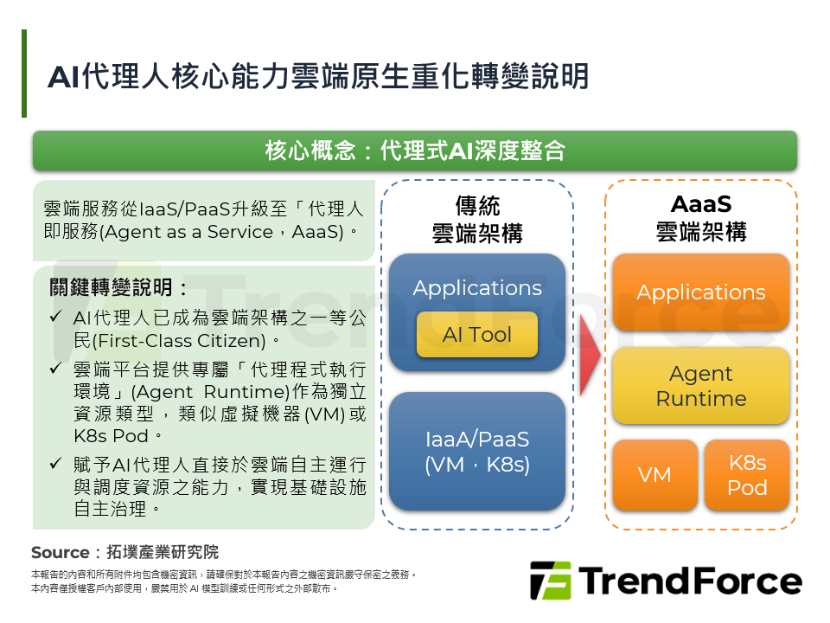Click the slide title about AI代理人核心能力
coord(318,76)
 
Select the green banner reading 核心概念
coord(414,151)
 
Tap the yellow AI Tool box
coord(476,335)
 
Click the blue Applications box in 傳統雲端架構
coord(476,287)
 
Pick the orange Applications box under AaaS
coord(700,292)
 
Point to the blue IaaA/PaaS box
coord(476,451)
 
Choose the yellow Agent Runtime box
coord(700,386)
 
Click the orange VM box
coord(654,475)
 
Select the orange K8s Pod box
coord(746,475)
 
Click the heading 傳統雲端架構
coord(476,219)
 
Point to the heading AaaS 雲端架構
coord(700,217)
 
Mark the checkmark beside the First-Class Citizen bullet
coord(55,317)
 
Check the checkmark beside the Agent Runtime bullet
coord(55,369)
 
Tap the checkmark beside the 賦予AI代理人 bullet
coord(55,464)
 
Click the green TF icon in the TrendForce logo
coord(550,581)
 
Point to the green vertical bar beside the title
coord(24,74)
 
